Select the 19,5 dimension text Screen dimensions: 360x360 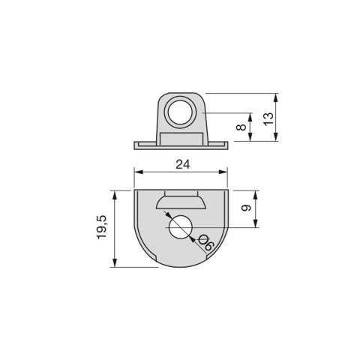102,228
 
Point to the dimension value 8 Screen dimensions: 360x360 240,127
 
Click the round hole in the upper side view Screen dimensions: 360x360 180,112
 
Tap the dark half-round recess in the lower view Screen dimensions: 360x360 180,202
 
